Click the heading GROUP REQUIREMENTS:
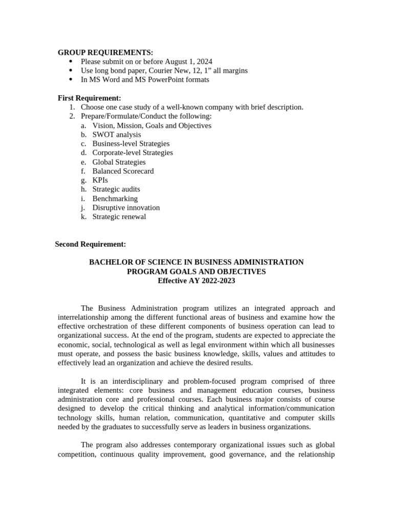(105, 52)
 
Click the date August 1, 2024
(189, 61)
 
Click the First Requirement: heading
(90, 98)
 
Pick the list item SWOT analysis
(117, 135)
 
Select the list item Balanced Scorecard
(123, 171)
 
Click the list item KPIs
(100, 180)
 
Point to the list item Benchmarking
(115, 199)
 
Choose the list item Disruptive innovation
(126, 208)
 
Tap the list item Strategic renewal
(119, 217)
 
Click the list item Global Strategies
(119, 162)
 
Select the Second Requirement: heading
(91, 245)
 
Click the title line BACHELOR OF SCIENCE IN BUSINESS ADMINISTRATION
(196, 262)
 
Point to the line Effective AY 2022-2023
(196, 281)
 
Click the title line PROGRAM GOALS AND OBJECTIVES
(196, 272)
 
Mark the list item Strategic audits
(116, 189)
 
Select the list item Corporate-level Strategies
(133, 152)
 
